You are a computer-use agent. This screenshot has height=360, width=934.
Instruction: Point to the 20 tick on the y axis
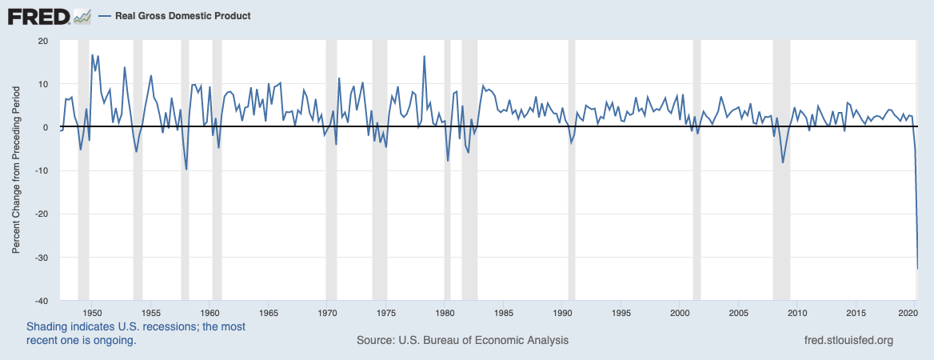43,41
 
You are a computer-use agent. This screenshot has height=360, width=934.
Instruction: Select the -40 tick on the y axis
40,301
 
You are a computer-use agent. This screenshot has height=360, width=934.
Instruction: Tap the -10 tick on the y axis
40,171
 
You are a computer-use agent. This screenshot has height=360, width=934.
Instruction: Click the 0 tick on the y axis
46,128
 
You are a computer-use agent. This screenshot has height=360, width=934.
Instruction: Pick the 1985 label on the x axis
504,312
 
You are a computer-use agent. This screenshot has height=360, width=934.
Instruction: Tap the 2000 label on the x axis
680,312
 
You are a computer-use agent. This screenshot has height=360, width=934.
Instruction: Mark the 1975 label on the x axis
386,312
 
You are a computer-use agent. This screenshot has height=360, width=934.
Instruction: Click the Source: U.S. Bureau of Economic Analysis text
462,340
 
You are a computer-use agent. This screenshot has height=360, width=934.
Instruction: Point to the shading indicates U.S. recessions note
136,334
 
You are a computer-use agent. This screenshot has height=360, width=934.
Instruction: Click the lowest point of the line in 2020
917,269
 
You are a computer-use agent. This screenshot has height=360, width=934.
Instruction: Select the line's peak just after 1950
93,55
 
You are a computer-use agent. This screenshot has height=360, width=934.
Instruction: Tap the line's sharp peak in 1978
424,56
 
